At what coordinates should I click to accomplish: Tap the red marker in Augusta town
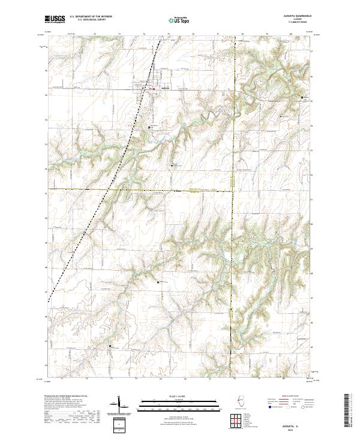(x=154, y=89)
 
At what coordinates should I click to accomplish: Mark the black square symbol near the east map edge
(x=302, y=97)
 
